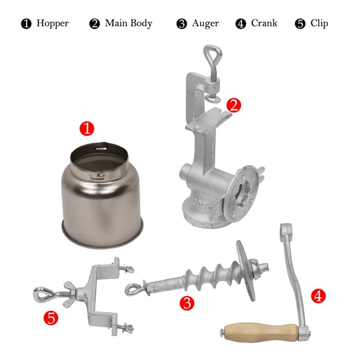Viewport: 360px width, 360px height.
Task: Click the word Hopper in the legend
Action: pyautogui.click(x=52, y=23)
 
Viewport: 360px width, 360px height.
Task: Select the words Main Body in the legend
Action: pyautogui.click(x=128, y=23)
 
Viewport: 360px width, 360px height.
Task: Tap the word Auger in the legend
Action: pyautogui.click(x=205, y=23)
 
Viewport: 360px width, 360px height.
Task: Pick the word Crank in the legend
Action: pyautogui.click(x=264, y=23)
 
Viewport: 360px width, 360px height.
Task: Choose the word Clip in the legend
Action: pyautogui.click(x=319, y=23)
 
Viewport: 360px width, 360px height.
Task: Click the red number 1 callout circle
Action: pyautogui.click(x=87, y=129)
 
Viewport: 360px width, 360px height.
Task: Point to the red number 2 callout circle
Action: pyautogui.click(x=233, y=105)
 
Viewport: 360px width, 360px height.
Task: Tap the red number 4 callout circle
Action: pyautogui.click(x=318, y=296)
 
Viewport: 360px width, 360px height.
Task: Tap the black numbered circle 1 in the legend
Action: pyautogui.click(x=27, y=24)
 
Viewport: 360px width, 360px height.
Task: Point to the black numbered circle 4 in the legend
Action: pyautogui.click(x=241, y=24)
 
